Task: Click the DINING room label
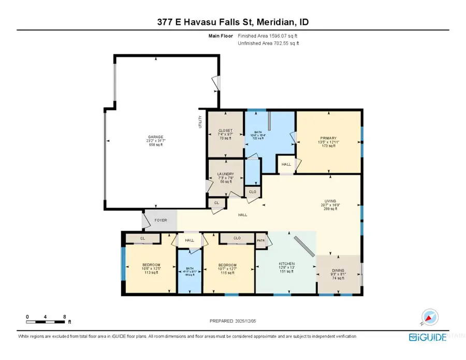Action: tap(338, 270)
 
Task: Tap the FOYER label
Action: tap(161, 220)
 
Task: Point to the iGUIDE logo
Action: tap(427, 337)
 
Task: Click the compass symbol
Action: tap(430, 316)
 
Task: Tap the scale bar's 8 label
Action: tap(64, 316)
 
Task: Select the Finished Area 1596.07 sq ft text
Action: tap(267, 36)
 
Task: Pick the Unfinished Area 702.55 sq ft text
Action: tap(268, 43)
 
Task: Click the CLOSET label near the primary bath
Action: tap(225, 131)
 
